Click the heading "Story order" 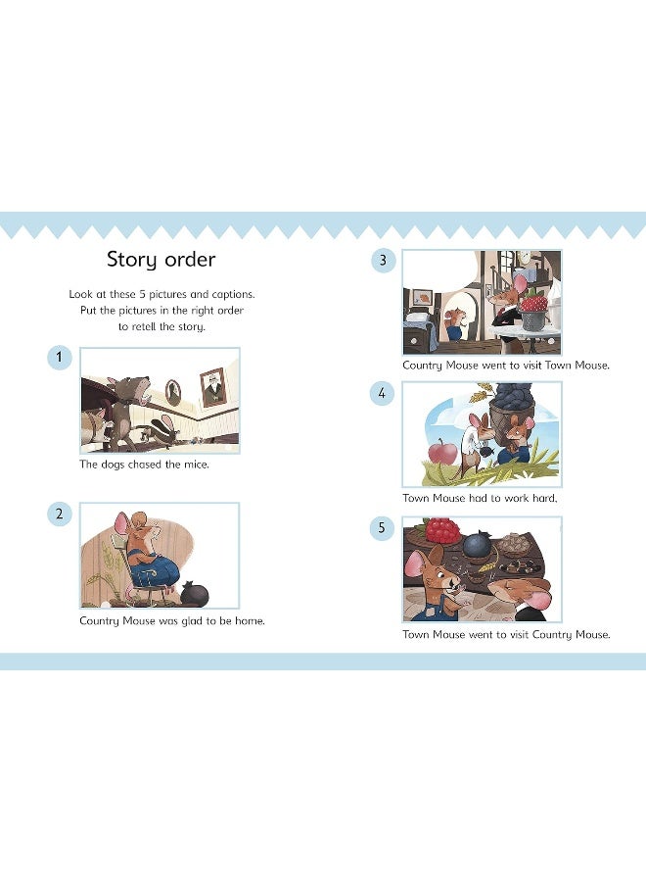[x=161, y=260]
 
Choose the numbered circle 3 [x=383, y=260]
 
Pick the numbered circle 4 [x=383, y=393]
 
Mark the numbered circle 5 [x=383, y=528]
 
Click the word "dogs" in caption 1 [x=114, y=465]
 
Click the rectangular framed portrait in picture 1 [x=211, y=386]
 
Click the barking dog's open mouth [x=147, y=390]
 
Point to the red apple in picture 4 [x=445, y=454]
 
